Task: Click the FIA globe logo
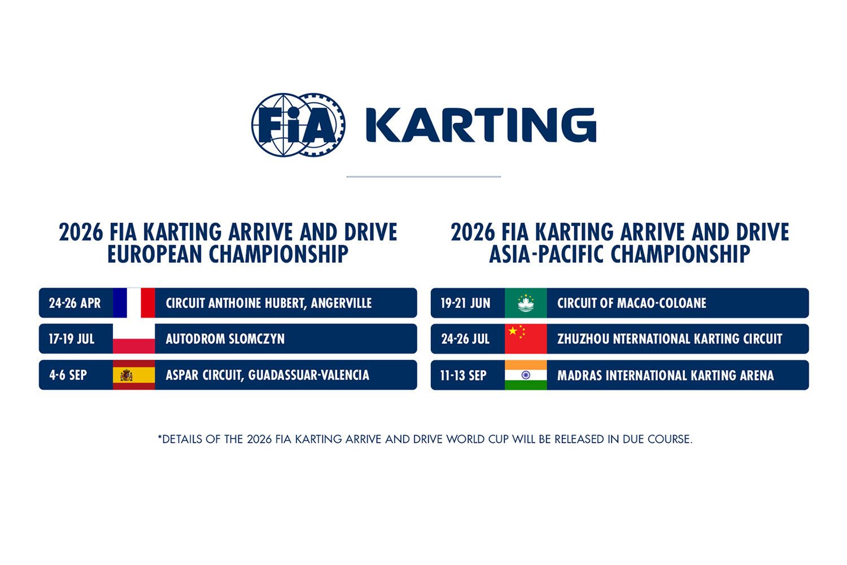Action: [298, 125]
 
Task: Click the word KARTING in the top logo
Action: [481, 125]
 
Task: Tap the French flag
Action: [134, 303]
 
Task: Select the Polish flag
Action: [134, 339]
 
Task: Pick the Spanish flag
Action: [134, 375]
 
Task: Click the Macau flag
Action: [526, 303]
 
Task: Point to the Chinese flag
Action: [526, 339]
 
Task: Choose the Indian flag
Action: [526, 375]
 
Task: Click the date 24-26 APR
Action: [75, 303]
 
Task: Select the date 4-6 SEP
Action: [68, 375]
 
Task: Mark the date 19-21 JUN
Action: [465, 303]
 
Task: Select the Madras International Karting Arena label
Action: [665, 376]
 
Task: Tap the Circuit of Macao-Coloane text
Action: [631, 303]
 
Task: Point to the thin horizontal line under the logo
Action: [423, 177]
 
